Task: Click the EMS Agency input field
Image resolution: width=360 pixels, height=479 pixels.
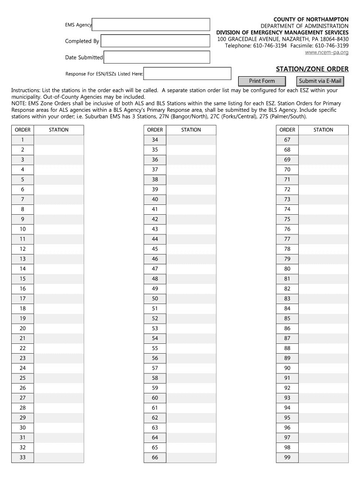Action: pos(151,24)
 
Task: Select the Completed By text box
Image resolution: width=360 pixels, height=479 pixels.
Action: pos(155,41)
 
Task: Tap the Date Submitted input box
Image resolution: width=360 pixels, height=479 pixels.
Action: pos(157,57)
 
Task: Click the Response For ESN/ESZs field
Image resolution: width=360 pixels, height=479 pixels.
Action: pos(187,73)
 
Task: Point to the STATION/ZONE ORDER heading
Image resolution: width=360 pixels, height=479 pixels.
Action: pos(312,69)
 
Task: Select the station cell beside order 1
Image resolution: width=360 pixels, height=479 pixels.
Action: pos(58,140)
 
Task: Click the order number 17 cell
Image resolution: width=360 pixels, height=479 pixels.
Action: pos(22,298)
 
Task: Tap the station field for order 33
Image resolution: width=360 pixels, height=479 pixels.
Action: pos(58,457)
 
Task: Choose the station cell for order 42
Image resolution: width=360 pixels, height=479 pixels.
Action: pos(191,219)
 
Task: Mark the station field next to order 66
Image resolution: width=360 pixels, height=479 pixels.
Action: pos(191,457)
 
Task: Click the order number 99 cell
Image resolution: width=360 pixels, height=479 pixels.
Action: pos(287,457)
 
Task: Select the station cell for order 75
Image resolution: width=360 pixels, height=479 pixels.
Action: pos(324,219)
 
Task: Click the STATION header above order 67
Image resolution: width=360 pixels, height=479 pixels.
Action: pos(324,130)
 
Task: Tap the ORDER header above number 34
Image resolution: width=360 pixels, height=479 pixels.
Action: pos(155,130)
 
